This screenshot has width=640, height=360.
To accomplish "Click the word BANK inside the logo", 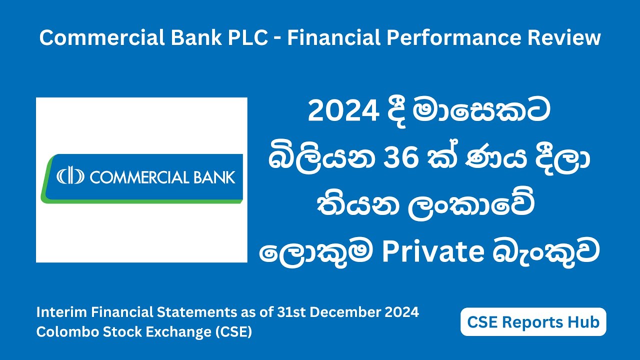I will (x=213, y=177).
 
